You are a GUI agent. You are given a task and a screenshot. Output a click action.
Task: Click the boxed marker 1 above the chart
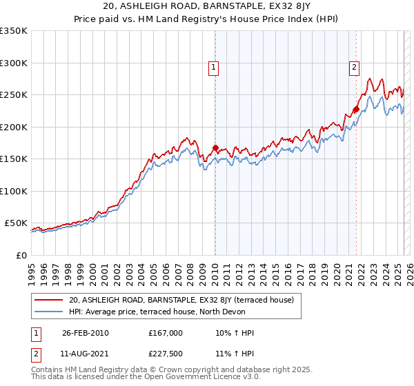[215, 68]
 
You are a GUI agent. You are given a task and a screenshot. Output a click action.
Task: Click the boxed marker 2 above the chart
[354, 68]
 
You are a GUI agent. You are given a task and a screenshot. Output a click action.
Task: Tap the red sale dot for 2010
[215, 148]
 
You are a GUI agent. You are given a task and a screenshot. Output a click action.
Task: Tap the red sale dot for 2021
[356, 109]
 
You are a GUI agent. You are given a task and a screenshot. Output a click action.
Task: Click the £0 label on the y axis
[21, 255]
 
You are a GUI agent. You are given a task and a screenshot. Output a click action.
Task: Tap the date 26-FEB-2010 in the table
[85, 333]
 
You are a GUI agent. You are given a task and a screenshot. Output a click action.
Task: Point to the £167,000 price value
[165, 333]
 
